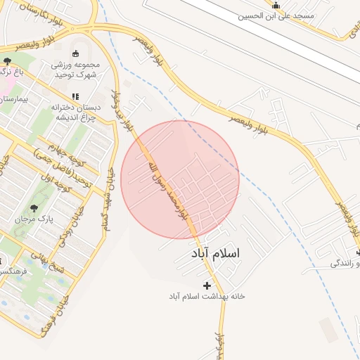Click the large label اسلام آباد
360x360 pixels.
(x=214, y=252)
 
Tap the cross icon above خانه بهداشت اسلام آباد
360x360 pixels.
(x=207, y=285)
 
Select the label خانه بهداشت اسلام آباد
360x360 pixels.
(x=207, y=297)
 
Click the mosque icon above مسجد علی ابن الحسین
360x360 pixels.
(x=276, y=6)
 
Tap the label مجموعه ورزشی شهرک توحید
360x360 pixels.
(x=76, y=70)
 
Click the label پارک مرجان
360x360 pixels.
(x=33, y=219)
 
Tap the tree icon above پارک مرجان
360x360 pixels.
(x=34, y=208)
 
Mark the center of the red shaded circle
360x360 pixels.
(x=180, y=179)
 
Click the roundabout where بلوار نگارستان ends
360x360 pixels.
(x=93, y=27)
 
